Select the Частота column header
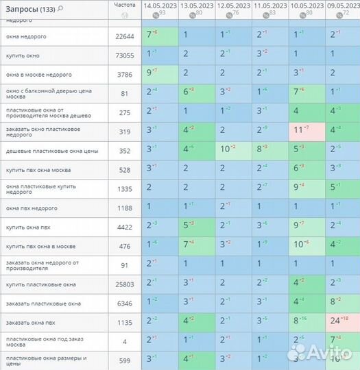click(124, 4)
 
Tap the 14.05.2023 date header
click(159, 5)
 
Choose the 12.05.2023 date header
click(233, 5)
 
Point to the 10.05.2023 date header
click(307, 5)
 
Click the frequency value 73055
click(125, 56)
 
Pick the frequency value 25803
click(125, 284)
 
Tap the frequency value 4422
click(125, 227)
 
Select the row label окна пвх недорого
click(31, 208)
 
